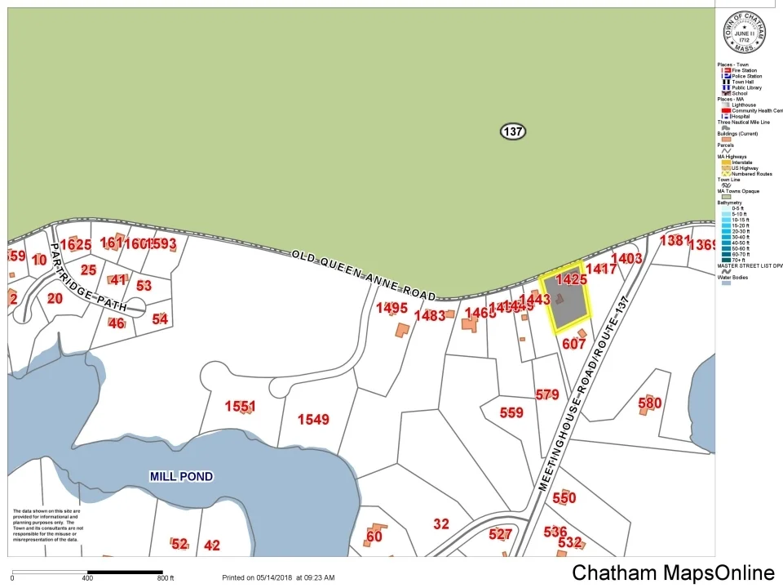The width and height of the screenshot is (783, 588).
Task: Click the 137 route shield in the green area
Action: (x=512, y=131)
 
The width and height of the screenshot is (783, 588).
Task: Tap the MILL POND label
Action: (x=181, y=476)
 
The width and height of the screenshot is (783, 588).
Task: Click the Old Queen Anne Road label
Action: (x=364, y=275)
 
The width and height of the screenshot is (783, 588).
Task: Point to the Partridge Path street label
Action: (x=89, y=277)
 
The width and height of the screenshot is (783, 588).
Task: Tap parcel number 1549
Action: (x=313, y=420)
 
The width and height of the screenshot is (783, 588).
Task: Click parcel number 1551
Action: (x=241, y=406)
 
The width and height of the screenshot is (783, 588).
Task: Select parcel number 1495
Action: (x=391, y=308)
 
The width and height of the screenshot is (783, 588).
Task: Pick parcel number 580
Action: (x=649, y=403)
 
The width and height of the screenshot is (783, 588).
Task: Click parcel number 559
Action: (x=511, y=412)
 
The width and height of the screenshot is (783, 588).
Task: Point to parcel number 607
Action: (x=573, y=344)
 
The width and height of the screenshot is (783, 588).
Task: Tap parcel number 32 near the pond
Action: (x=441, y=524)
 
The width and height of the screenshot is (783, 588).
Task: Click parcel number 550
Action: (x=564, y=497)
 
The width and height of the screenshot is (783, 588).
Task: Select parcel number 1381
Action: (x=675, y=240)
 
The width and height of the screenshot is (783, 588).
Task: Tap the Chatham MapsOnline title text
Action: (x=673, y=572)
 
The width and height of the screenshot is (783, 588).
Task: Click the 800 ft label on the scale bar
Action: (x=166, y=578)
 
